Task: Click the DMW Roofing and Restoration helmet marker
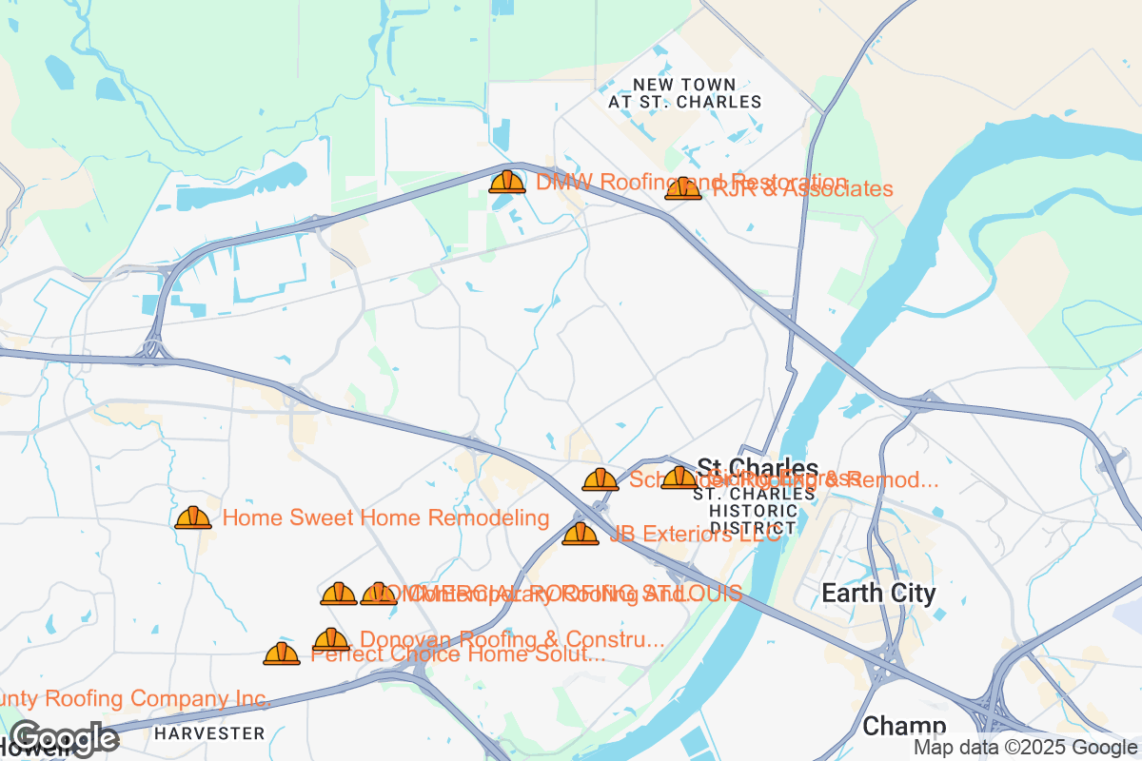(x=507, y=181)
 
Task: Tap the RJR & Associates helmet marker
(x=683, y=188)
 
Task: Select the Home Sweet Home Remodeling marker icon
(x=193, y=517)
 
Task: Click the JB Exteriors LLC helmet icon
(x=581, y=534)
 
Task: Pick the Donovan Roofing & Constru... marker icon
(x=331, y=639)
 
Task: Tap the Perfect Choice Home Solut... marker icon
(x=282, y=654)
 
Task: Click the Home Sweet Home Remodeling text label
(x=385, y=517)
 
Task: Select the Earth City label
(x=878, y=594)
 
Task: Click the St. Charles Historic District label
(x=754, y=511)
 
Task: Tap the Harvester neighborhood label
(x=209, y=733)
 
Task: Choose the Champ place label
(x=903, y=727)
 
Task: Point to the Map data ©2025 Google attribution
(x=1025, y=749)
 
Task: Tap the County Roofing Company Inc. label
(x=133, y=699)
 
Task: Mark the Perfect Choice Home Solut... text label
(x=459, y=654)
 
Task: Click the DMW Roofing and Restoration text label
(x=691, y=182)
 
